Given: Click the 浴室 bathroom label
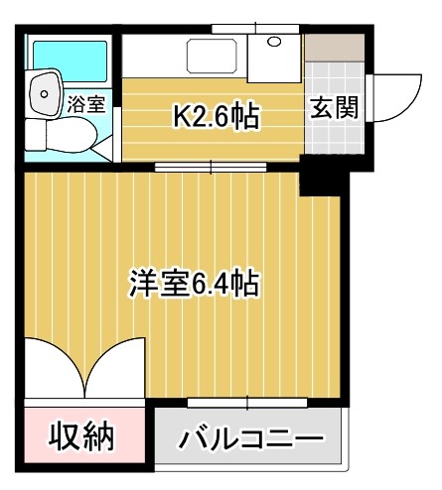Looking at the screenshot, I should pos(85,103).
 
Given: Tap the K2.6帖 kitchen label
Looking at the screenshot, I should pos(217,118).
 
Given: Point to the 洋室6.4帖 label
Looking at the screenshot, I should pos(194,285).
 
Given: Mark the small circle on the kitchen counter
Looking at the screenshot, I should pos(273,44).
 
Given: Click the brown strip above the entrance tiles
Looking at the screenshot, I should pos(333,46).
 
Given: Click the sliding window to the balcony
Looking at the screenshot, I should pos(248,402).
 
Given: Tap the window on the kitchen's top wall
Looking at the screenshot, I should pos(245,28).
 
